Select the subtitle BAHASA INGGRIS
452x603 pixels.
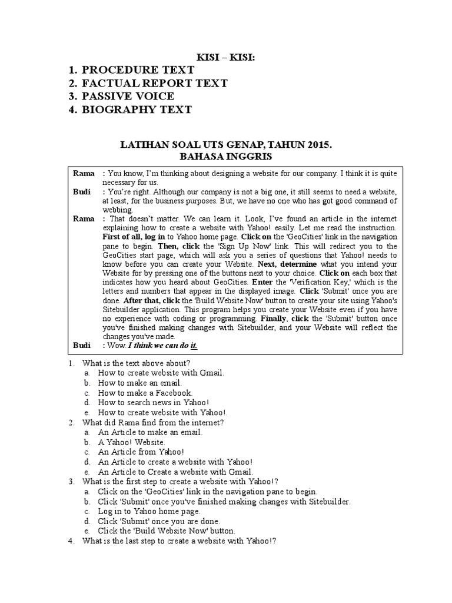click(x=225, y=157)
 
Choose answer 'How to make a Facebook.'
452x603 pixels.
click(x=145, y=393)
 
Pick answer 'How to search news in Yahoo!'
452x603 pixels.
click(x=154, y=403)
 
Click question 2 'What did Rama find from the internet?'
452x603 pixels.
click(x=153, y=423)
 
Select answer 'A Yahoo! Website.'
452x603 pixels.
click(x=132, y=442)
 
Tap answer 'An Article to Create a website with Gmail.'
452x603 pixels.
click(x=175, y=472)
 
